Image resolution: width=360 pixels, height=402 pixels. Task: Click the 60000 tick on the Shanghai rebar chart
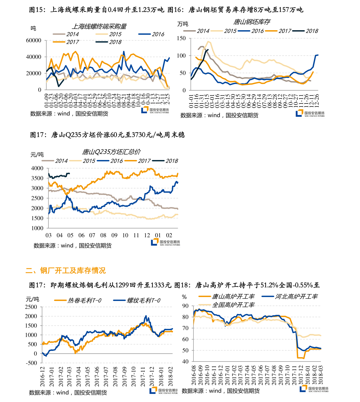coord(34,41)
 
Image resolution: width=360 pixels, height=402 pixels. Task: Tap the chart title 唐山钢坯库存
coord(251,22)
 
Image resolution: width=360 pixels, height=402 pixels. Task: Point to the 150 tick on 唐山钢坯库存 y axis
coord(181,38)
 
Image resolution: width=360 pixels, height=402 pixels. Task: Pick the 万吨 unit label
coord(183,24)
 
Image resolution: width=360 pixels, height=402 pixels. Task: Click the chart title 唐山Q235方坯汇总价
coord(111,152)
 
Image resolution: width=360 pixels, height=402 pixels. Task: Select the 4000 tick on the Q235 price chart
coord(37,168)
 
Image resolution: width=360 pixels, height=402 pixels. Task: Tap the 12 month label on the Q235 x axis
coord(147,235)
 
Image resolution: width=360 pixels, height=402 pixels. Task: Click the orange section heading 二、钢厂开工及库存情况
coord(66,270)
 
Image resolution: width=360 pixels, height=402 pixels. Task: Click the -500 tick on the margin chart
coord(31,363)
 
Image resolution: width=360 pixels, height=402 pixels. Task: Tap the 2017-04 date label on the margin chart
coord(79,377)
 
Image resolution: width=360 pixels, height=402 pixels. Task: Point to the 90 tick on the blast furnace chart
coord(185,306)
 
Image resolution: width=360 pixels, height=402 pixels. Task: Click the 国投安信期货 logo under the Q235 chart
coord(166,242)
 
